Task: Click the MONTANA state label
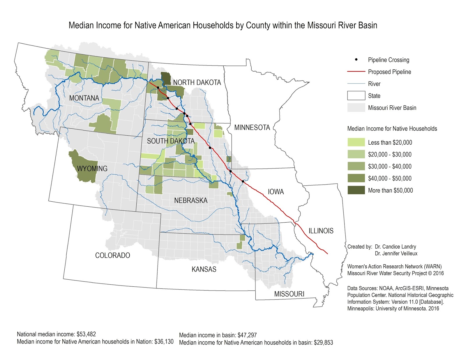(84, 98)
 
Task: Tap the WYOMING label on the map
(92, 169)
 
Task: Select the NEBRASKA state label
(191, 201)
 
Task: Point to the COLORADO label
(112, 255)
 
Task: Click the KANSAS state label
(204, 269)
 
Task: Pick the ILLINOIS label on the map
(321, 231)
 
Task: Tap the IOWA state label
(276, 192)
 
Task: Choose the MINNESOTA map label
(252, 127)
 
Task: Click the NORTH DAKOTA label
(197, 83)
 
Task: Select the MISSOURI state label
(289, 294)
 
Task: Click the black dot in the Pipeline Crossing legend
(356, 60)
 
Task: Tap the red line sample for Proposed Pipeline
(356, 71)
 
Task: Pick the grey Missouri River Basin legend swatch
(356, 107)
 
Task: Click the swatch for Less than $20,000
(356, 142)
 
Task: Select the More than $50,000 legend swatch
(356, 190)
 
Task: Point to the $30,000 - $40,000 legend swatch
(356, 166)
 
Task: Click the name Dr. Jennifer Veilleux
(396, 253)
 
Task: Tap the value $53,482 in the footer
(86, 334)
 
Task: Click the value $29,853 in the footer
(323, 343)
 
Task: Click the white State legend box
(356, 95)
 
